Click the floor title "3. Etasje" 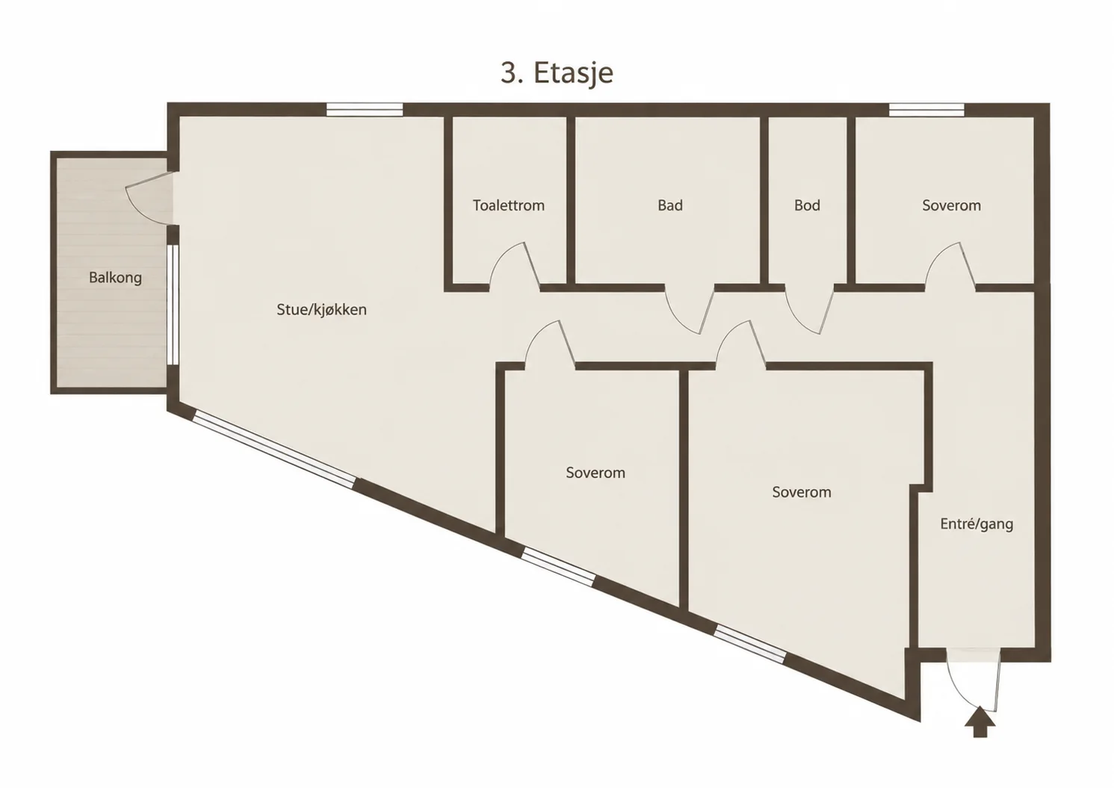pos(557,74)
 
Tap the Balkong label pos(115,277)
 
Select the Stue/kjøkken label pos(322,309)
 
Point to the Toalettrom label pos(509,205)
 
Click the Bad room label pos(670,205)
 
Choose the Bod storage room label pos(807,205)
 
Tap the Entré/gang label pos(977,524)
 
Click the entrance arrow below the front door pos(980,722)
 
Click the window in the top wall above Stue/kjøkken pos(365,109)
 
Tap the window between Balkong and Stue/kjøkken pos(173,304)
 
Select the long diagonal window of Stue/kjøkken pos(274,447)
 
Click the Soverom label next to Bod pos(951,205)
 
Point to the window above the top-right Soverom pos(926,109)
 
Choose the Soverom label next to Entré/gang pos(802,492)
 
